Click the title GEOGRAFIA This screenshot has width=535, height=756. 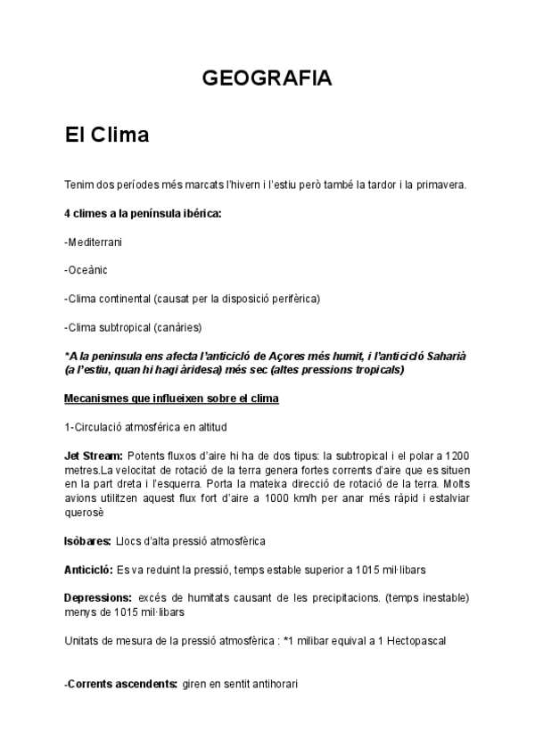pyautogui.click(x=267, y=78)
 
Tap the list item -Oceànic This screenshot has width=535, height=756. pyautogui.click(x=88, y=268)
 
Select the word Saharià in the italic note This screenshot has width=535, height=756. pyautogui.click(x=443, y=356)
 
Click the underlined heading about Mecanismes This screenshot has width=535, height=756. pyautogui.click(x=172, y=398)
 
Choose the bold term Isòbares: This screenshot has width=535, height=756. pyautogui.click(x=87, y=541)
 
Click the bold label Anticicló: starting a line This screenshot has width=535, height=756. pyautogui.click(x=89, y=568)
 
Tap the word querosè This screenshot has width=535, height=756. pyautogui.click(x=85, y=512)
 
